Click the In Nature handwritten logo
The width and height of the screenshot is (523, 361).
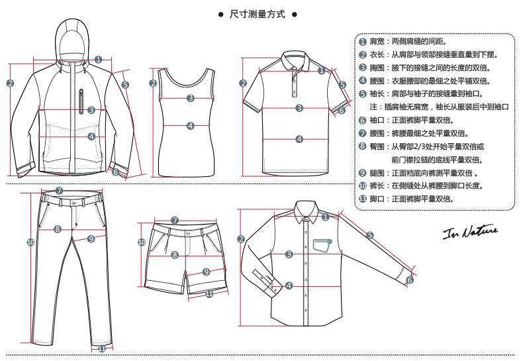click(x=470, y=232)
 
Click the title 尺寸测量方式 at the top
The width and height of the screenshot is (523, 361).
click(x=257, y=15)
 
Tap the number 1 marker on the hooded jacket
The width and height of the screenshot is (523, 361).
click(x=98, y=60)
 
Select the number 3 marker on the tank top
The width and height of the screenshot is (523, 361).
click(x=191, y=98)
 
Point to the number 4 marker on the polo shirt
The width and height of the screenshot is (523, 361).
click(x=299, y=139)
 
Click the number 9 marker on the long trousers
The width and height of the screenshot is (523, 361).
click(x=91, y=238)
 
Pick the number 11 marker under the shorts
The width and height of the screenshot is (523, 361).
click(x=209, y=294)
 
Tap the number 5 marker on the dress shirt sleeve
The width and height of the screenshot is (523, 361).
click(x=370, y=235)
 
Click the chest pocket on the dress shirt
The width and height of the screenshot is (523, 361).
click(x=322, y=245)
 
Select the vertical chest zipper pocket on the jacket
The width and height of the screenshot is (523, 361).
click(x=81, y=101)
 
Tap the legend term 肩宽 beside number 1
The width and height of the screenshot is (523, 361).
click(x=377, y=42)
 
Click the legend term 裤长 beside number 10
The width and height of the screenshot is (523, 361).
click(x=377, y=186)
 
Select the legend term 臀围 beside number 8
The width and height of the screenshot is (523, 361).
click(x=377, y=146)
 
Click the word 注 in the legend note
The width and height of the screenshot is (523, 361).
click(x=373, y=107)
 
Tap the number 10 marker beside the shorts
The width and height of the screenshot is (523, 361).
click(x=142, y=242)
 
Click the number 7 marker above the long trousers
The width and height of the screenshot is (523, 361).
click(x=59, y=191)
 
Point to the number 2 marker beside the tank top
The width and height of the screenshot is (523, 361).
click(x=153, y=83)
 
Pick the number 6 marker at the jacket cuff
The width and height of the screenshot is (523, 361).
click(x=115, y=172)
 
